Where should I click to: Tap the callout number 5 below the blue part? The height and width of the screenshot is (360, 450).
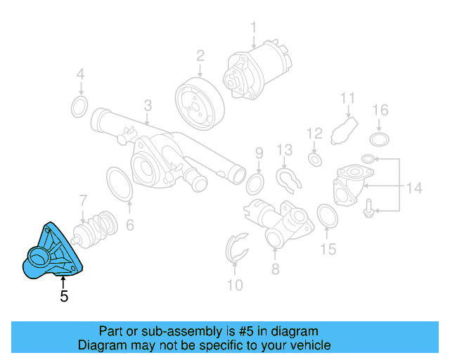[64, 297]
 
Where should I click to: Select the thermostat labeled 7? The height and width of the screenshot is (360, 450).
[96, 228]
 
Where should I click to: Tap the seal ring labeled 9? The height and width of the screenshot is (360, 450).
[255, 184]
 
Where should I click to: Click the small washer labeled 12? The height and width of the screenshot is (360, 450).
[316, 160]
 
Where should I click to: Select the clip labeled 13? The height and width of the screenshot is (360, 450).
[288, 180]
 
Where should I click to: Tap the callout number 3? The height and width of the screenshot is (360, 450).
[148, 105]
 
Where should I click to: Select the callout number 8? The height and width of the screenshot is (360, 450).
[275, 269]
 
